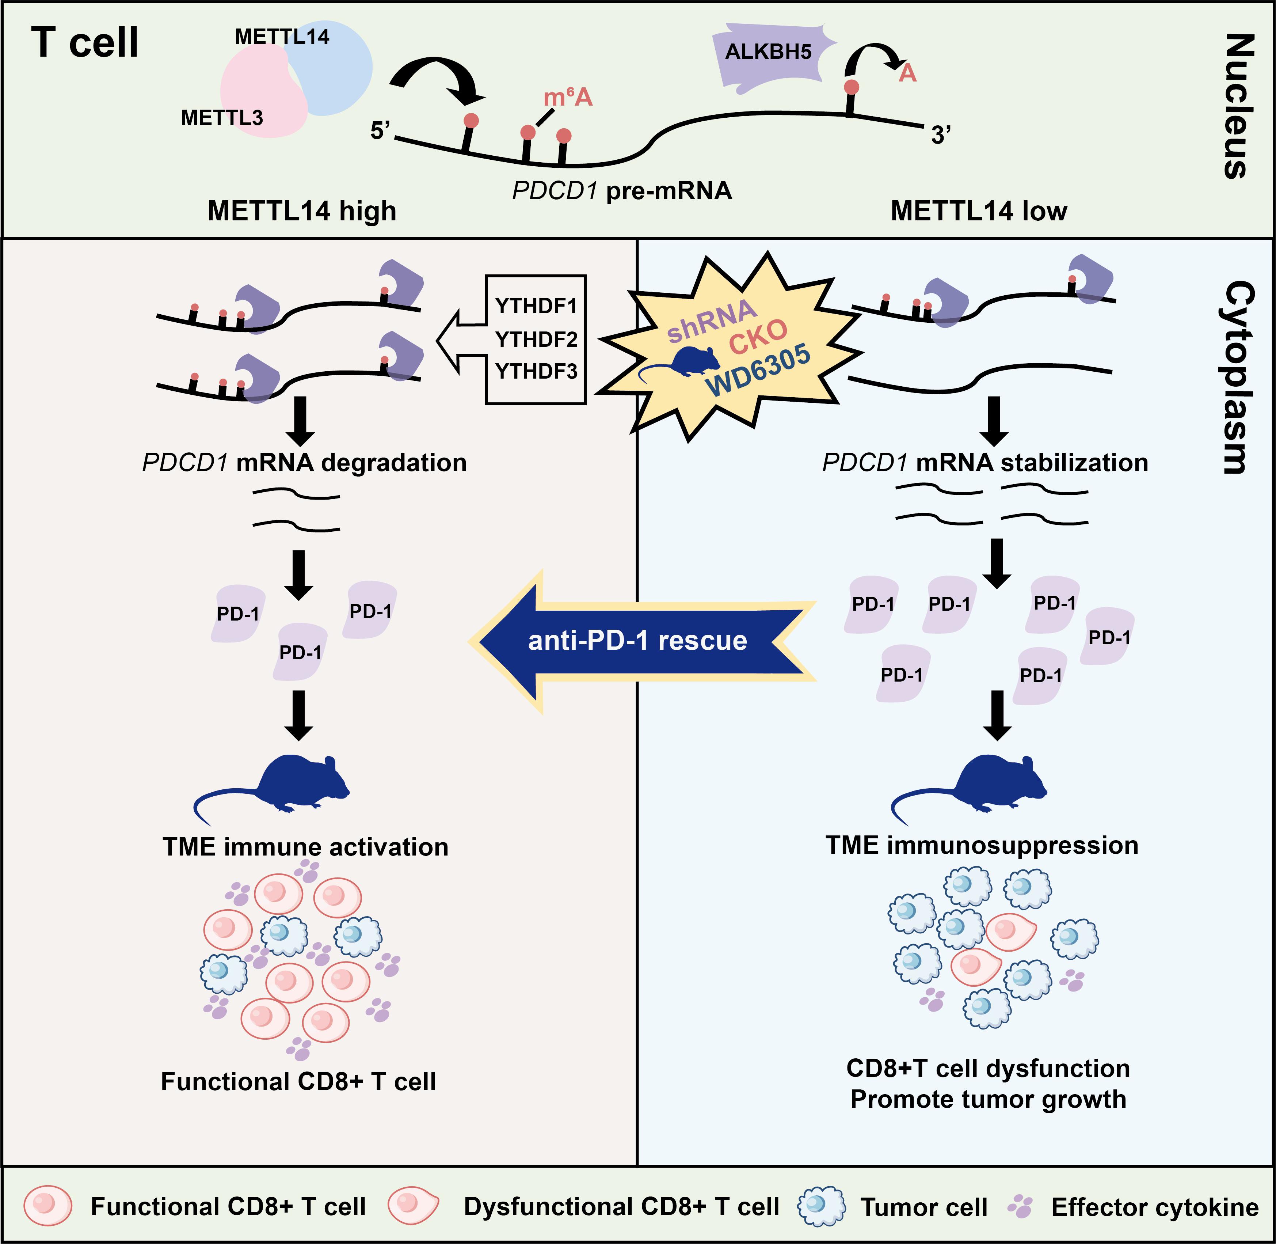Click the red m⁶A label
pos(567,97)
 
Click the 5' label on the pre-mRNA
pos(380,131)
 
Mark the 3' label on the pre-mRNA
pos(940,135)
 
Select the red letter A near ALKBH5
pos(907,73)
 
